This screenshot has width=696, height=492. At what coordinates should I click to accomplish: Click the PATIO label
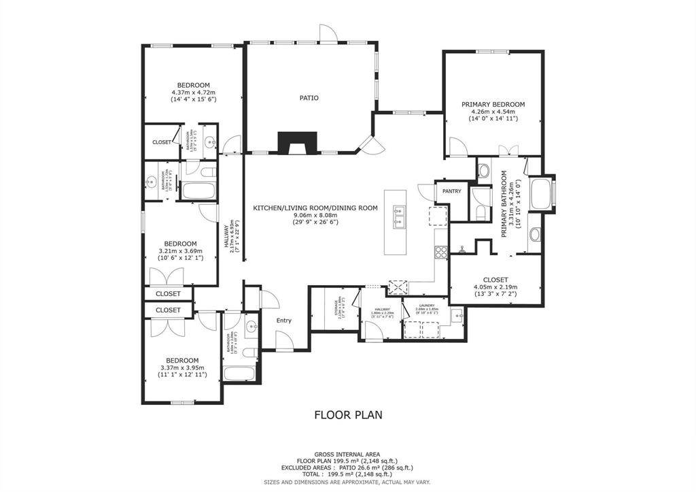tap(309, 98)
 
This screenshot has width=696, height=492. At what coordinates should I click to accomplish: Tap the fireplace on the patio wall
tap(298, 142)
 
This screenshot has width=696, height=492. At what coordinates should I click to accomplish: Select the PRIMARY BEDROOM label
tap(493, 104)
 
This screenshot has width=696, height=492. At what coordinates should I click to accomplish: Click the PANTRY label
tap(451, 191)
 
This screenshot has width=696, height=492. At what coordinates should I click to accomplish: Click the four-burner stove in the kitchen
tap(440, 251)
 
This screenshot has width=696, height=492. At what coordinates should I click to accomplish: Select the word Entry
tap(283, 321)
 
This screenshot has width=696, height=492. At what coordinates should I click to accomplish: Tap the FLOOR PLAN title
tap(348, 414)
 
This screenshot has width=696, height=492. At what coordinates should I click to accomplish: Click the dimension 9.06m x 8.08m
tap(315, 215)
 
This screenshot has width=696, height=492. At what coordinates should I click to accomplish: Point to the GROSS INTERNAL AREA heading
tap(347, 454)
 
